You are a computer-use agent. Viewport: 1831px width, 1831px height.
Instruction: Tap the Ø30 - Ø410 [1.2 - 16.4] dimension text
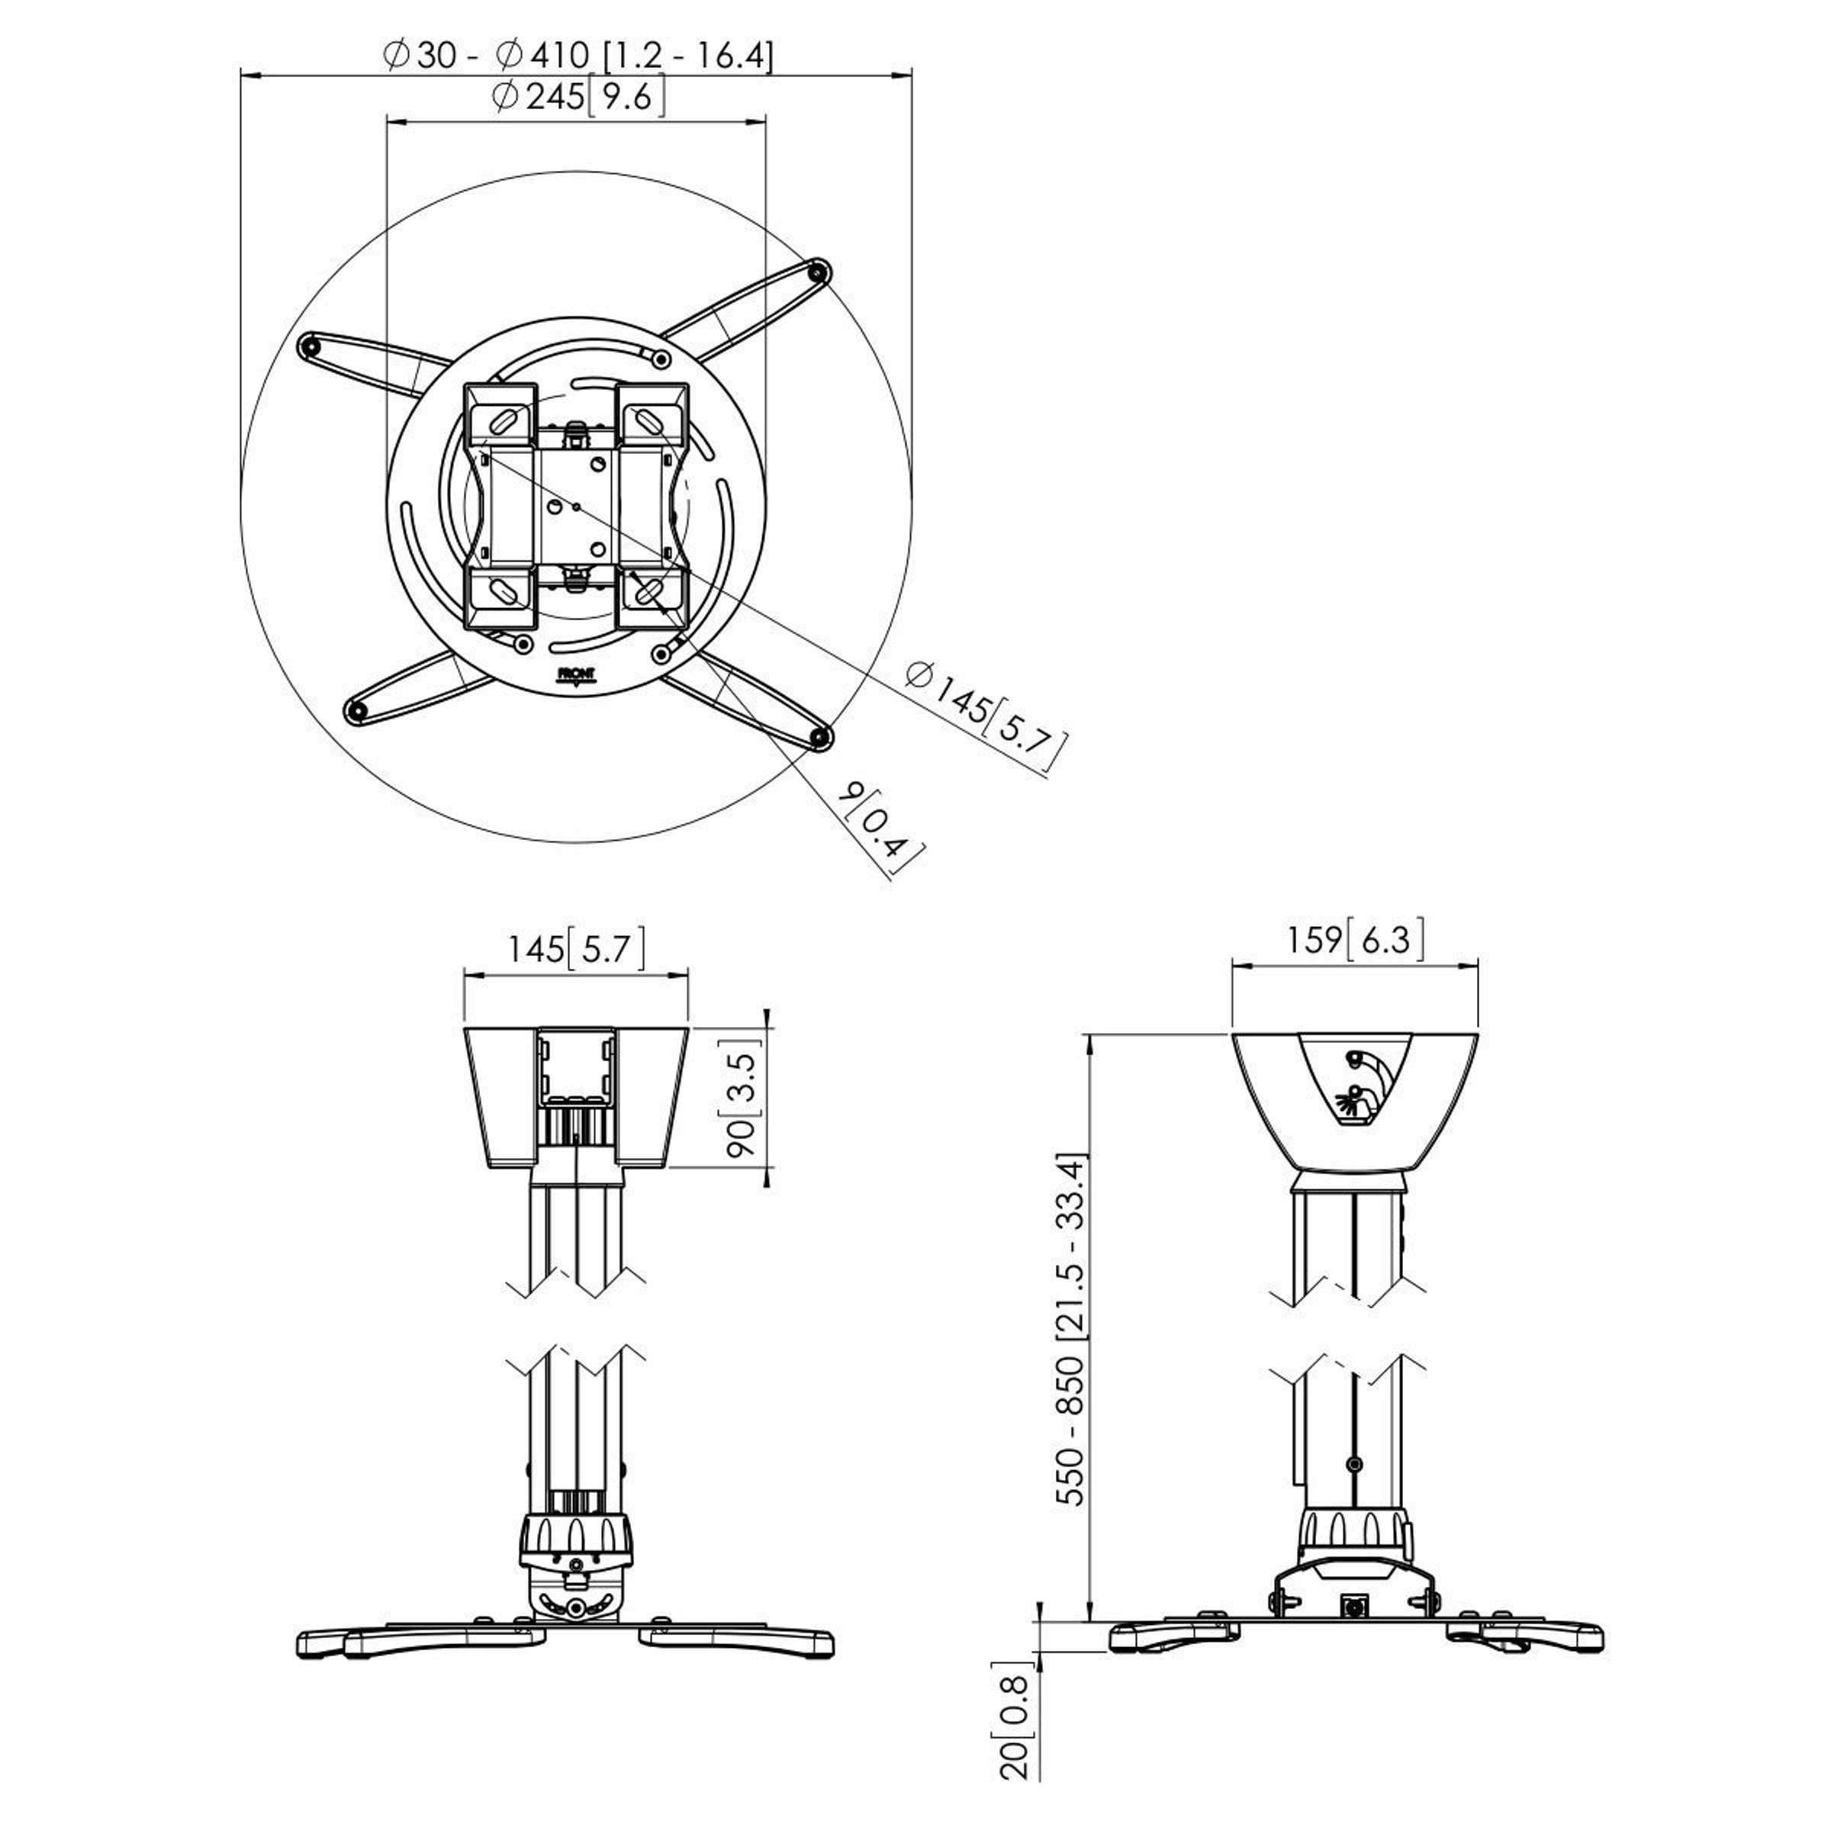578,55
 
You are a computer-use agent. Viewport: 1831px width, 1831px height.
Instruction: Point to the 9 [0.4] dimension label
880,830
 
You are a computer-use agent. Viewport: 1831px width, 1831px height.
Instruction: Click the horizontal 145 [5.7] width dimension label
576,948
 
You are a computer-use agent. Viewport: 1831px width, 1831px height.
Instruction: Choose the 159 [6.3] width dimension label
1355,939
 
